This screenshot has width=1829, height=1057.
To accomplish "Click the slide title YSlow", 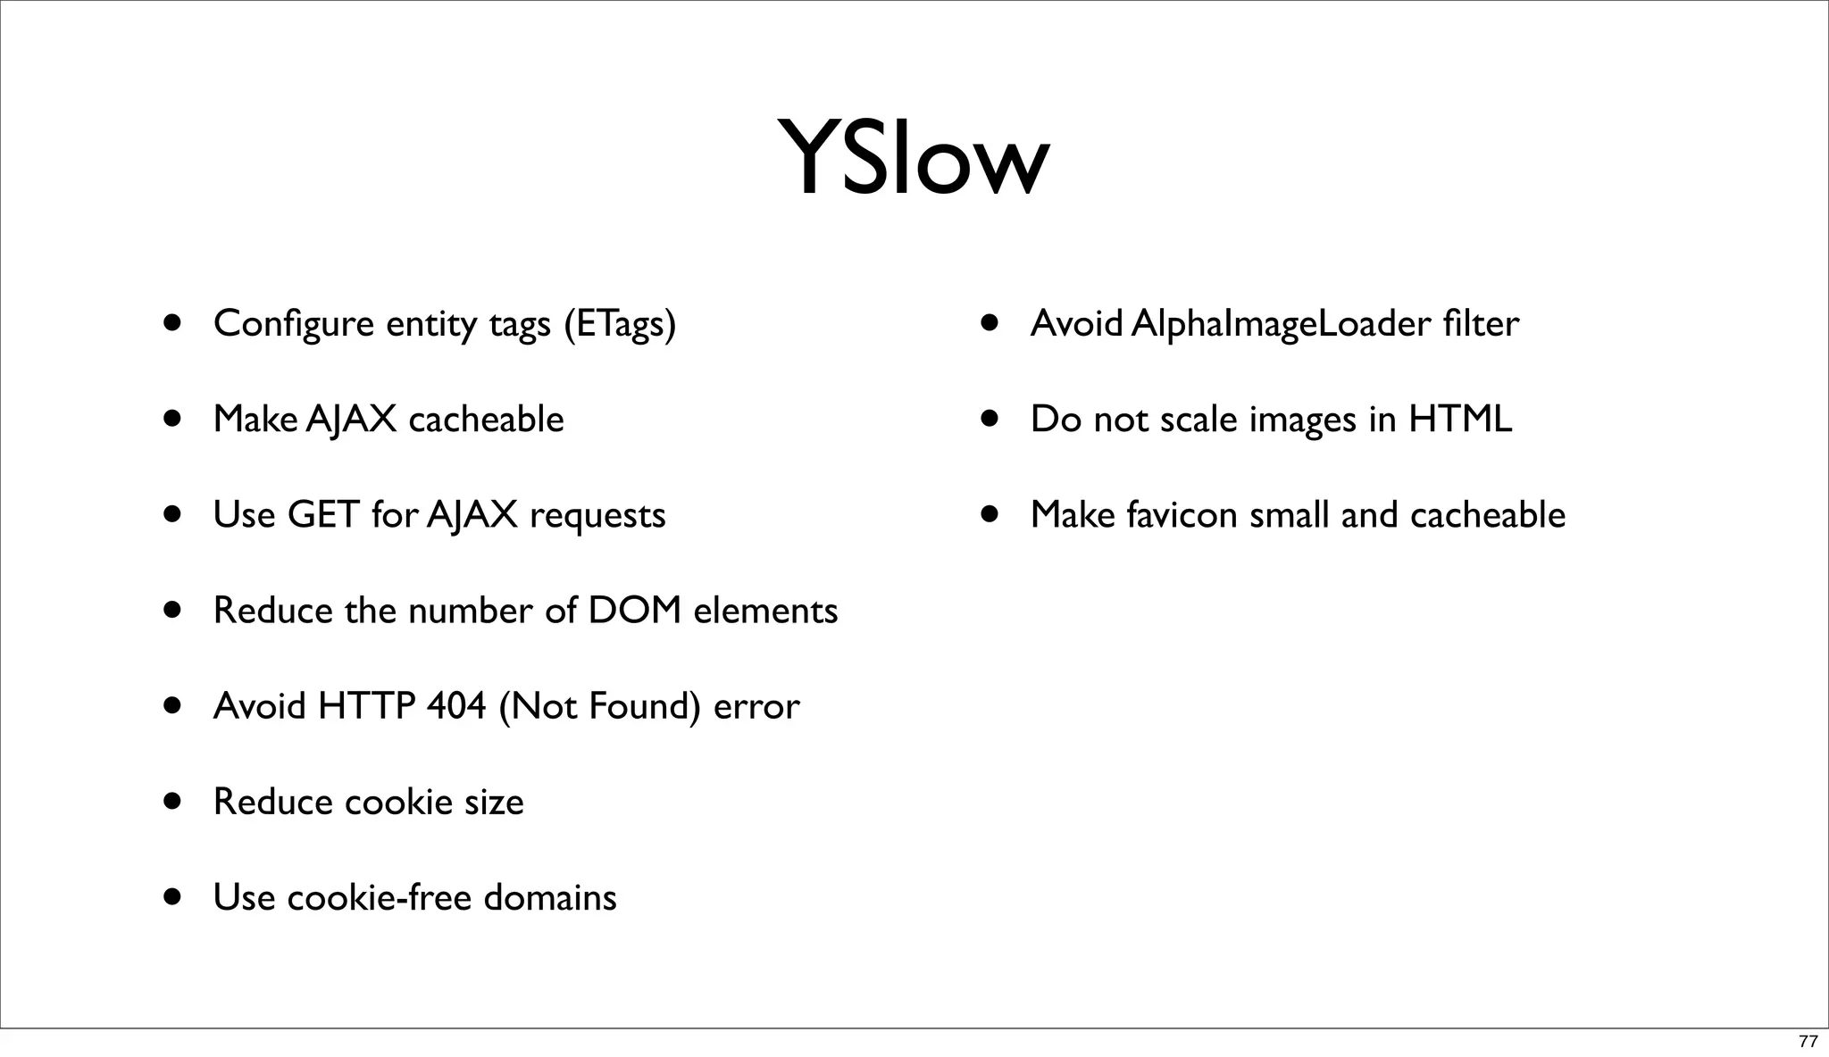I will pos(913,159).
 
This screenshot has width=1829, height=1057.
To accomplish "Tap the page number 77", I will pos(1807,1042).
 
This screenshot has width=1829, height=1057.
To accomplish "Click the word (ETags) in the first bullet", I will pos(620,324).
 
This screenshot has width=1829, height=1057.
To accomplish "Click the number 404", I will pos(456,706).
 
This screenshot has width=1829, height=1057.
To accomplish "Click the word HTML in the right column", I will pos(1460,420).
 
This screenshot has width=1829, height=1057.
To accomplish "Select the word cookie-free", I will pos(379,897).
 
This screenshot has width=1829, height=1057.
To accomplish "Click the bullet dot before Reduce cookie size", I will pos(173,801).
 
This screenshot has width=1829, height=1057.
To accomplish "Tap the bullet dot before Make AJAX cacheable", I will pos(173,419).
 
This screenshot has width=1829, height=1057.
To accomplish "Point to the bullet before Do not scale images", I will pos(990,419).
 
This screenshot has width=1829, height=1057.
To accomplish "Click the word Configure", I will pos(294,324).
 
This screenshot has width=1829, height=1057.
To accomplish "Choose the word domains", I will pos(549,897).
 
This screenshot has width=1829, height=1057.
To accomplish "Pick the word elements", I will pos(765,611).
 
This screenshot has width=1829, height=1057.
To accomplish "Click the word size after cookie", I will pos(493,802).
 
